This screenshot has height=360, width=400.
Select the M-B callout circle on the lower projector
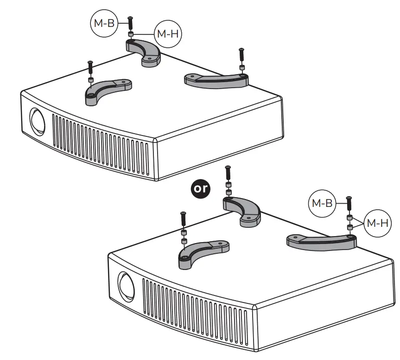[322, 203]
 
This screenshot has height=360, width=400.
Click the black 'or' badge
[201, 188]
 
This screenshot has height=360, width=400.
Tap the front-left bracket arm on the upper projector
[107, 89]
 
